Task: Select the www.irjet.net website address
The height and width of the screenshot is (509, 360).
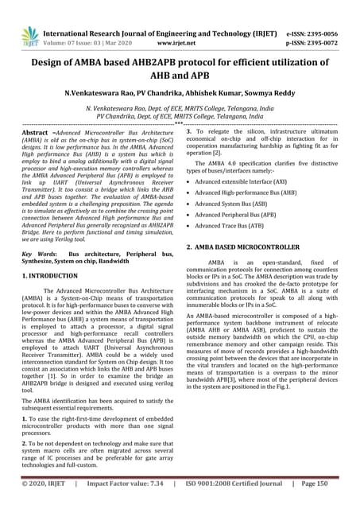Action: (x=180, y=36)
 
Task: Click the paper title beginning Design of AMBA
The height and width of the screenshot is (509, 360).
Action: (x=180, y=68)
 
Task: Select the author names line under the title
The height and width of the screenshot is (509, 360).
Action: (x=180, y=93)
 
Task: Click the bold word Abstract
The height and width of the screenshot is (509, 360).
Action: (x=36, y=133)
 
